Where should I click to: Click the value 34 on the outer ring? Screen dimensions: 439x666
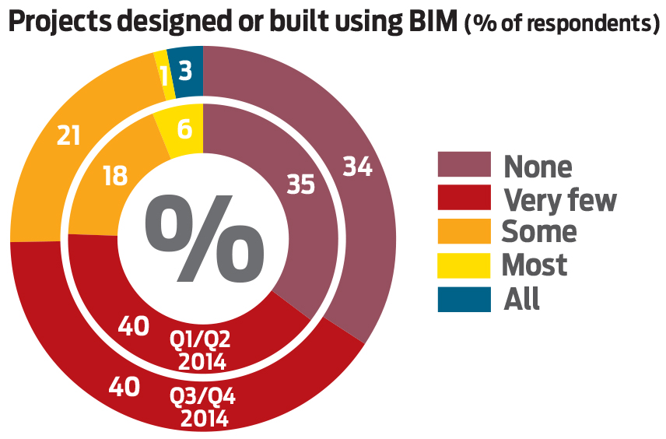coord(357,167)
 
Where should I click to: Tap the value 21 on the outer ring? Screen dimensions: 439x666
coord(69,135)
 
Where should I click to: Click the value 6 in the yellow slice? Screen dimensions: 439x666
coord(185,131)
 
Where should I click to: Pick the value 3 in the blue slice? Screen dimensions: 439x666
coord(185,72)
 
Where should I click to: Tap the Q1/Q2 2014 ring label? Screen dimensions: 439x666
coord(201,350)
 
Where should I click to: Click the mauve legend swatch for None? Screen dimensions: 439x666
coord(464,165)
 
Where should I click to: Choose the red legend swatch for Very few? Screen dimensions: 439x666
coord(464,198)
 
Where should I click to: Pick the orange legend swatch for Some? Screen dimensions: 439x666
coord(464,232)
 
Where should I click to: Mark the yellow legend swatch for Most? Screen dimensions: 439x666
coord(464,265)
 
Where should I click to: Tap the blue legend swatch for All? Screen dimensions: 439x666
coord(464,299)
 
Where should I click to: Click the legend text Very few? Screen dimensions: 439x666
coord(559,199)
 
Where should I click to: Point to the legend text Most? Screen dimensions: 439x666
coord(535,265)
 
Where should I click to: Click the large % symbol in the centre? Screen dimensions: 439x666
coord(199,238)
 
